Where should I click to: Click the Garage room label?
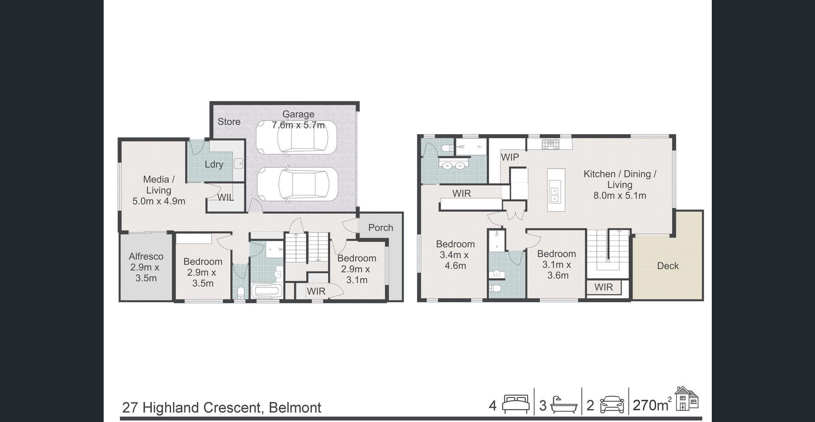tap(298, 120)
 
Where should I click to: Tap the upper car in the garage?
tap(296, 137)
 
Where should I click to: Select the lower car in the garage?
tap(297, 184)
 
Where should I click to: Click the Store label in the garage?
tap(229, 122)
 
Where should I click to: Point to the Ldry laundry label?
tap(214, 165)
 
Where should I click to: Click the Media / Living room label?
tap(159, 190)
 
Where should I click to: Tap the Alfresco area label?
tap(146, 267)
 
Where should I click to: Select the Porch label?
tap(381, 228)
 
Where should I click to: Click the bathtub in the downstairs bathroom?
tap(267, 291)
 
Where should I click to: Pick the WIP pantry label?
tap(510, 157)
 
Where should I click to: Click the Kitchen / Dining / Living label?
tap(620, 185)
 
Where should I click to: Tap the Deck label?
tap(668, 266)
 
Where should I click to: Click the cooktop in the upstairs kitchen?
tap(550, 144)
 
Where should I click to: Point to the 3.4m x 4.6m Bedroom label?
tap(455, 255)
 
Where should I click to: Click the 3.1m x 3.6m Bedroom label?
tap(557, 265)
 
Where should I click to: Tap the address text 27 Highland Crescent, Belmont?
tap(222, 408)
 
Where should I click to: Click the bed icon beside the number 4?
tap(516, 404)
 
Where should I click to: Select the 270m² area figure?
tap(652, 405)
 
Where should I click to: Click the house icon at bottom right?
tap(686, 398)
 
